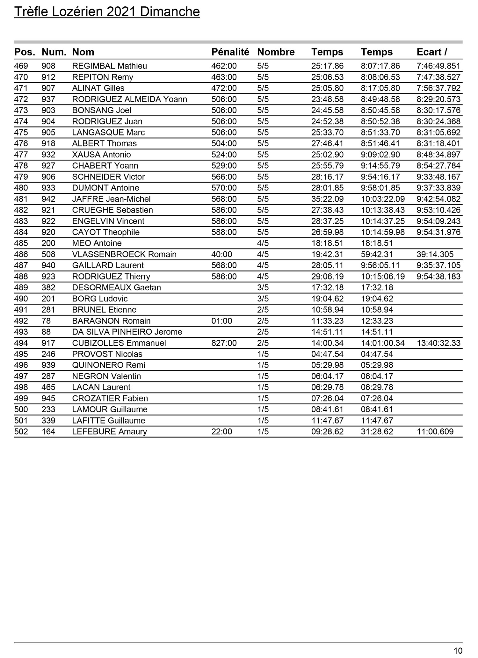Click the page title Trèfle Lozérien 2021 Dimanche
(x=107, y=12)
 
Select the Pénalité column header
(x=230, y=52)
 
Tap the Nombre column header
(x=276, y=52)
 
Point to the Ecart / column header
(x=432, y=52)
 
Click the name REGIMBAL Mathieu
(x=110, y=66)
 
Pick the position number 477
(x=21, y=155)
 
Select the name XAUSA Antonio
(x=101, y=155)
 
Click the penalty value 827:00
(x=224, y=343)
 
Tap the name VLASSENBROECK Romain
(x=124, y=254)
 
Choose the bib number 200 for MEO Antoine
(x=48, y=243)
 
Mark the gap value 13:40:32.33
(x=438, y=343)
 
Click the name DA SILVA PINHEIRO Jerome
(x=127, y=332)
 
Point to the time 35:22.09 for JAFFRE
(x=327, y=199)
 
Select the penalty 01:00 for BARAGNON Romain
(x=222, y=321)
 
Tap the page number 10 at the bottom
(x=458, y=651)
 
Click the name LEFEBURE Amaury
(x=110, y=431)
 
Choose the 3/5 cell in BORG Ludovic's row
(x=263, y=299)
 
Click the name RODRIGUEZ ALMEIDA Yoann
(x=129, y=99)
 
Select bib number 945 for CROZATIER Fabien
(x=48, y=398)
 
